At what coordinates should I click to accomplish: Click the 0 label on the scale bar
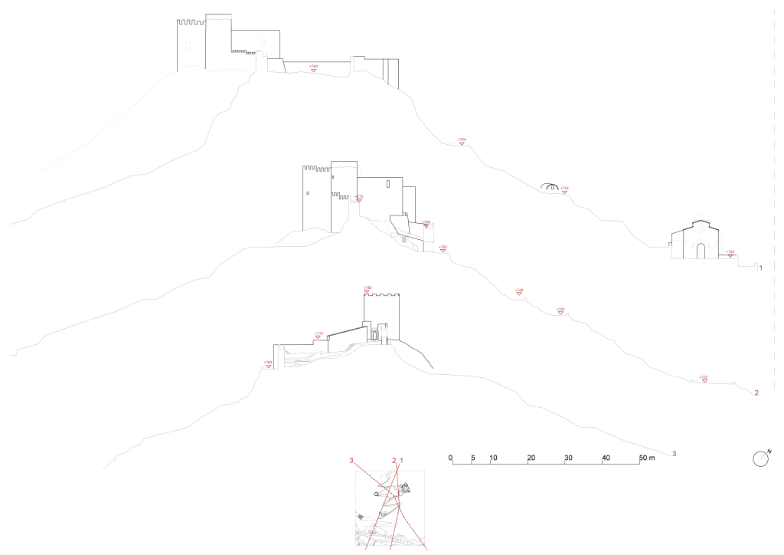(451, 458)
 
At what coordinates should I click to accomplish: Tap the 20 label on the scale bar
(531, 458)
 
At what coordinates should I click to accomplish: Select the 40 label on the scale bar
(606, 458)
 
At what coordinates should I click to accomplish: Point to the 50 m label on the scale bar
(647, 458)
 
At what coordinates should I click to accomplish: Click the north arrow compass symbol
(760, 458)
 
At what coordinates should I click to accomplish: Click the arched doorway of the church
(701, 251)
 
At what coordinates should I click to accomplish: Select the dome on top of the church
(699, 215)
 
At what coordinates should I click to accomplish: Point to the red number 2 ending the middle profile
(756, 393)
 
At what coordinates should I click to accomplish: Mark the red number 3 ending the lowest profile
(675, 454)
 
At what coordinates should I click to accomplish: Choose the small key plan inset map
(390, 507)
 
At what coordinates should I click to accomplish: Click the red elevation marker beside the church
(731, 253)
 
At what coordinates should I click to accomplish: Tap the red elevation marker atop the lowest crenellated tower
(367, 289)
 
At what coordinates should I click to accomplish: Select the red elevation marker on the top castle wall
(314, 69)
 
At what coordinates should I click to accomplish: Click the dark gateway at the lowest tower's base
(375, 333)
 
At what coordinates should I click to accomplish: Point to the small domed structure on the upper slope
(547, 186)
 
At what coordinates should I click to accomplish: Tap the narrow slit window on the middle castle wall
(388, 184)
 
